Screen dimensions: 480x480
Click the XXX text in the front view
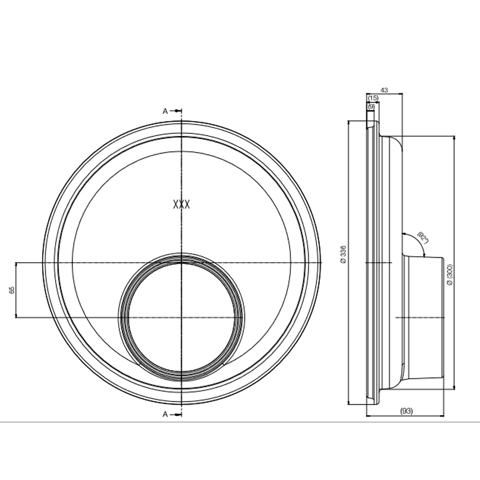point(181,204)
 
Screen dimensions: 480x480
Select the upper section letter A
point(165,111)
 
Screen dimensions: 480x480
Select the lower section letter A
point(165,414)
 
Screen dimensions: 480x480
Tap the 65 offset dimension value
point(12,289)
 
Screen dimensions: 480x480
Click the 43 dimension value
point(384,90)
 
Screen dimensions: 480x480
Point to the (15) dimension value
point(373,98)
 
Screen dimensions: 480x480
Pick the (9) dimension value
point(371,106)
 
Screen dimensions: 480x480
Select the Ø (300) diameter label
point(449,276)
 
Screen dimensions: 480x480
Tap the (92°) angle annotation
point(423,238)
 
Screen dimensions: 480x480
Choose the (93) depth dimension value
point(406,411)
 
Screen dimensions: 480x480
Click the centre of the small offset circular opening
point(181,317)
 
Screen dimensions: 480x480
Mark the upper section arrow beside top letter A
point(178,111)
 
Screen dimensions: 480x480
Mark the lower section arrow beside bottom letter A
point(178,414)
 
